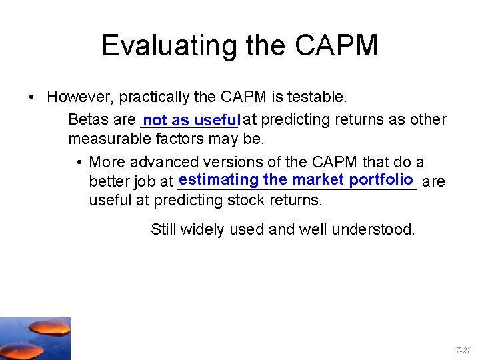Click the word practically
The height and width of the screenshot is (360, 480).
(x=155, y=97)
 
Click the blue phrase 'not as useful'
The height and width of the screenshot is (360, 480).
(x=190, y=120)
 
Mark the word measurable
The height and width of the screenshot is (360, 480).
(x=109, y=140)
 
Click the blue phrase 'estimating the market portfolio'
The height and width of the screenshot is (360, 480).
(x=297, y=180)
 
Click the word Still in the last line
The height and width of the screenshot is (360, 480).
(x=163, y=230)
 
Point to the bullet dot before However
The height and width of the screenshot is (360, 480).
(x=32, y=98)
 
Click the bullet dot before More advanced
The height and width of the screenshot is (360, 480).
(x=79, y=163)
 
